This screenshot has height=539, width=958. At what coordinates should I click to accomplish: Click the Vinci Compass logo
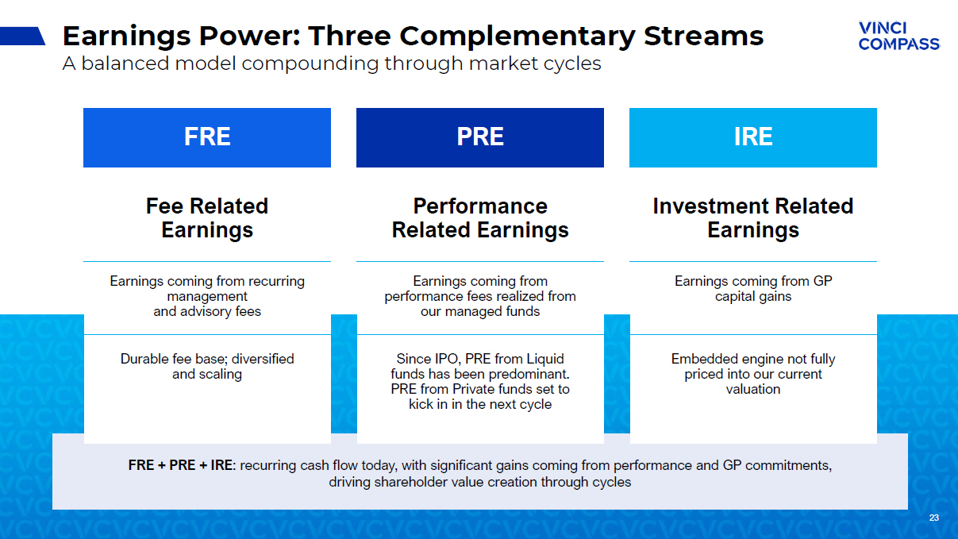898,36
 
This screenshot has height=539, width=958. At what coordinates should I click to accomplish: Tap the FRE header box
207,137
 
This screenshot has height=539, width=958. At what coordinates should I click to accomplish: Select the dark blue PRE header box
480,137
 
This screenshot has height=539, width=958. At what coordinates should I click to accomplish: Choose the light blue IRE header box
753,137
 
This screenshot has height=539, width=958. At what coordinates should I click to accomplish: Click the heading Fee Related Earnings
207,218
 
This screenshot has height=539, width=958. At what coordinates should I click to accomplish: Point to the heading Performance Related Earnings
480,218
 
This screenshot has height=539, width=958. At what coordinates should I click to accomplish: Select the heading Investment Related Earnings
753,218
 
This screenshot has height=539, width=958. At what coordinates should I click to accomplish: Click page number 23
934,518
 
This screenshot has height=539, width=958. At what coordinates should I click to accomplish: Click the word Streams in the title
703,36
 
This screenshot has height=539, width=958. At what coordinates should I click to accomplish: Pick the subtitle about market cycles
332,64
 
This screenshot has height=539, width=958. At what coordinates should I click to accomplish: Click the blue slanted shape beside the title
22,36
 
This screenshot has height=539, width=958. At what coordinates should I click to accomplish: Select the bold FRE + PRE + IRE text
181,465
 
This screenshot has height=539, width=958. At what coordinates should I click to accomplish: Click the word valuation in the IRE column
753,389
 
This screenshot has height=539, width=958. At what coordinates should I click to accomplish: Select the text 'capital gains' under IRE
753,296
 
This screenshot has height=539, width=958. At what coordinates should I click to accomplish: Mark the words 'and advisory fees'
207,311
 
